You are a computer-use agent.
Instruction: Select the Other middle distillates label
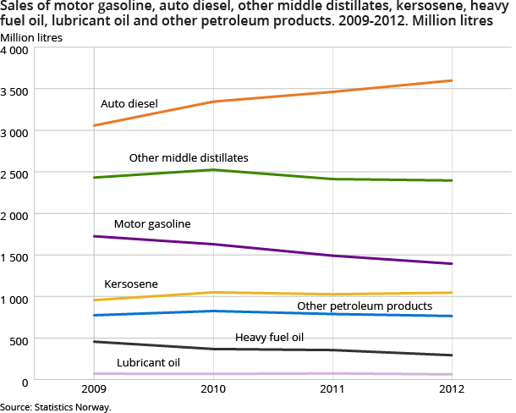(189, 158)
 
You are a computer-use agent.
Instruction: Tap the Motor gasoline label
(152, 224)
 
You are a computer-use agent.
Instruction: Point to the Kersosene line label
(131, 284)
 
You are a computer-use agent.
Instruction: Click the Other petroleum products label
(365, 306)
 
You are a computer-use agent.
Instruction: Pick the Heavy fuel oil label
(269, 338)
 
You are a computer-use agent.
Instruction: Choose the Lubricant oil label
(149, 362)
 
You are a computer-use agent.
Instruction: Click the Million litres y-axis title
(31, 36)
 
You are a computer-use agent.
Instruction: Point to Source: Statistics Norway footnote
(56, 407)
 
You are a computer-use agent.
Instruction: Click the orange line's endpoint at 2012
(453, 80)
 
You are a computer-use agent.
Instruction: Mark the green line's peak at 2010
(212, 170)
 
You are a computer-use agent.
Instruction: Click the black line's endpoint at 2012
(453, 355)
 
